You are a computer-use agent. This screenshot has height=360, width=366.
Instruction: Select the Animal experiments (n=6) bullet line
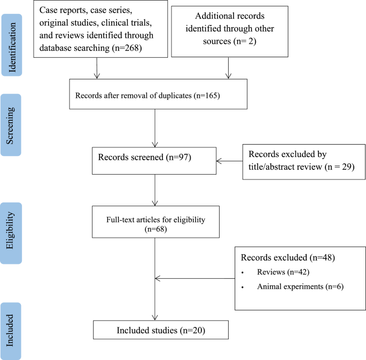pyautogui.click(x=300, y=286)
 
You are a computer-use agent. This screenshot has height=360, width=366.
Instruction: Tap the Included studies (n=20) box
pyautogui.click(x=161, y=330)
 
